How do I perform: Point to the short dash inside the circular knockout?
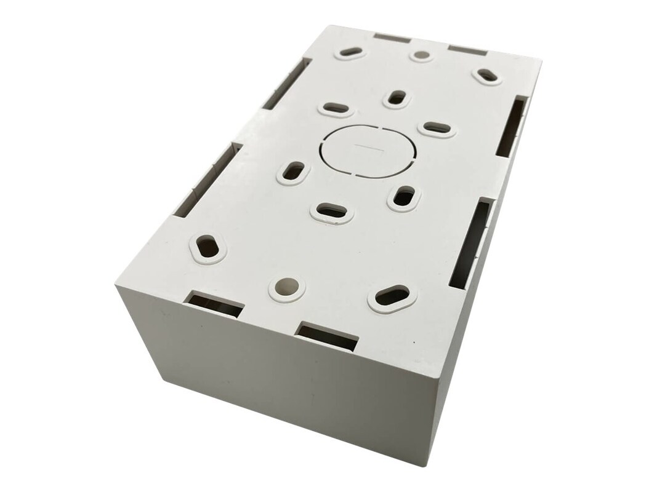(368, 148)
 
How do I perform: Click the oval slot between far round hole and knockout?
(397, 97)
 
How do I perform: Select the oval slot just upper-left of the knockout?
(336, 108)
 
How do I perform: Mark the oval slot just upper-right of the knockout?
(437, 128)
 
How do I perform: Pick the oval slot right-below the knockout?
(404, 197)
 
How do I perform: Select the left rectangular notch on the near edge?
(215, 304)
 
